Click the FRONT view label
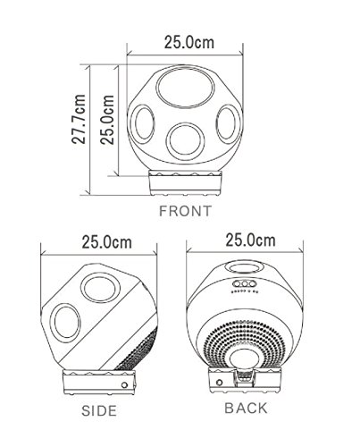(x=185, y=211)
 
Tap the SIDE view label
(x=99, y=410)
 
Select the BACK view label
(x=246, y=408)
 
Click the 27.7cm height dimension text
(x=79, y=119)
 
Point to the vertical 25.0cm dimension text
(x=107, y=120)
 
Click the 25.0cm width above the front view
(x=189, y=42)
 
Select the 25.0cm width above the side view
(x=106, y=242)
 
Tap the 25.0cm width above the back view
(x=250, y=240)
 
